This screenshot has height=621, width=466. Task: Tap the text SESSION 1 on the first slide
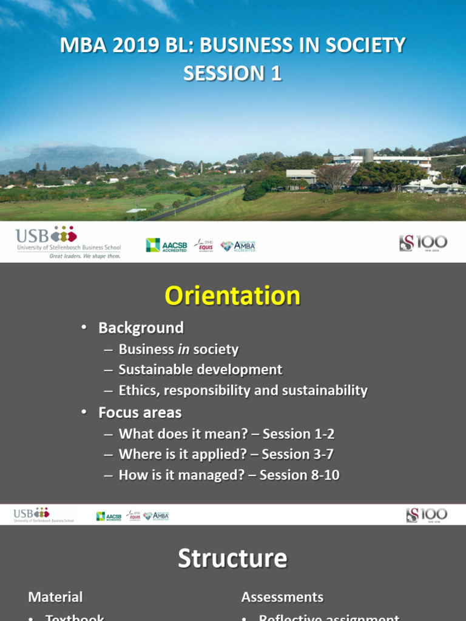[x=233, y=73]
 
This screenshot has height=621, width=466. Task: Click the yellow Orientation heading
[x=233, y=296]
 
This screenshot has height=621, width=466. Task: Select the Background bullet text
[x=141, y=328]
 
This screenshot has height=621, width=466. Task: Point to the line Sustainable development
[x=200, y=369]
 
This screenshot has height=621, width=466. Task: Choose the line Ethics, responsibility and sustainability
[x=243, y=390]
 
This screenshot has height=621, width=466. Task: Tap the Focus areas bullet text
[x=140, y=413]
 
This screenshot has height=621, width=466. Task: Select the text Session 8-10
[x=299, y=475]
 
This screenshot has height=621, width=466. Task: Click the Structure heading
[x=233, y=559]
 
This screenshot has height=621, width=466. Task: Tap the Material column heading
[x=55, y=597]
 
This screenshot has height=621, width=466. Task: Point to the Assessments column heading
[x=282, y=597]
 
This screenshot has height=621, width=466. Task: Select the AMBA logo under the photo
[x=238, y=246]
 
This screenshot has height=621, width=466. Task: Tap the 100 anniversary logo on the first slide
[x=423, y=243]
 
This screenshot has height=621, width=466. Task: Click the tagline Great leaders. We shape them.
[x=85, y=256]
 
